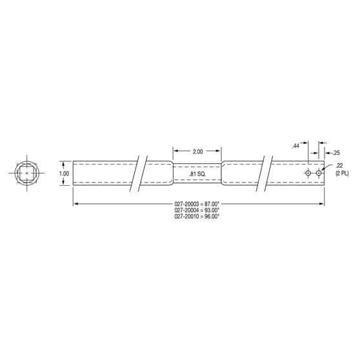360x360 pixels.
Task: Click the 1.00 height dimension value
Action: coord(63,174)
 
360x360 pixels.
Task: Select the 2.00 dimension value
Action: coord(197,151)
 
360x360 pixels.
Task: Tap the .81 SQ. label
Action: coord(197,174)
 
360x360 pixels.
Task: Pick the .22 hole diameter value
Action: coord(339,166)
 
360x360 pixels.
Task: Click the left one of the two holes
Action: coord(309,174)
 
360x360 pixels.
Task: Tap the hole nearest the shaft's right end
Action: coord(319,174)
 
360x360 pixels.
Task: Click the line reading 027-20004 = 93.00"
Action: coord(197,210)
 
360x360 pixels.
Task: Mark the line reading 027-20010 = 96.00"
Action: coord(197,217)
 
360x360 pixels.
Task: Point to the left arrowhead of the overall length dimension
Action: coord(75,204)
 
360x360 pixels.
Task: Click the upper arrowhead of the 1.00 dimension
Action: coord(63,163)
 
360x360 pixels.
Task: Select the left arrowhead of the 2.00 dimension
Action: coord(175,151)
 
